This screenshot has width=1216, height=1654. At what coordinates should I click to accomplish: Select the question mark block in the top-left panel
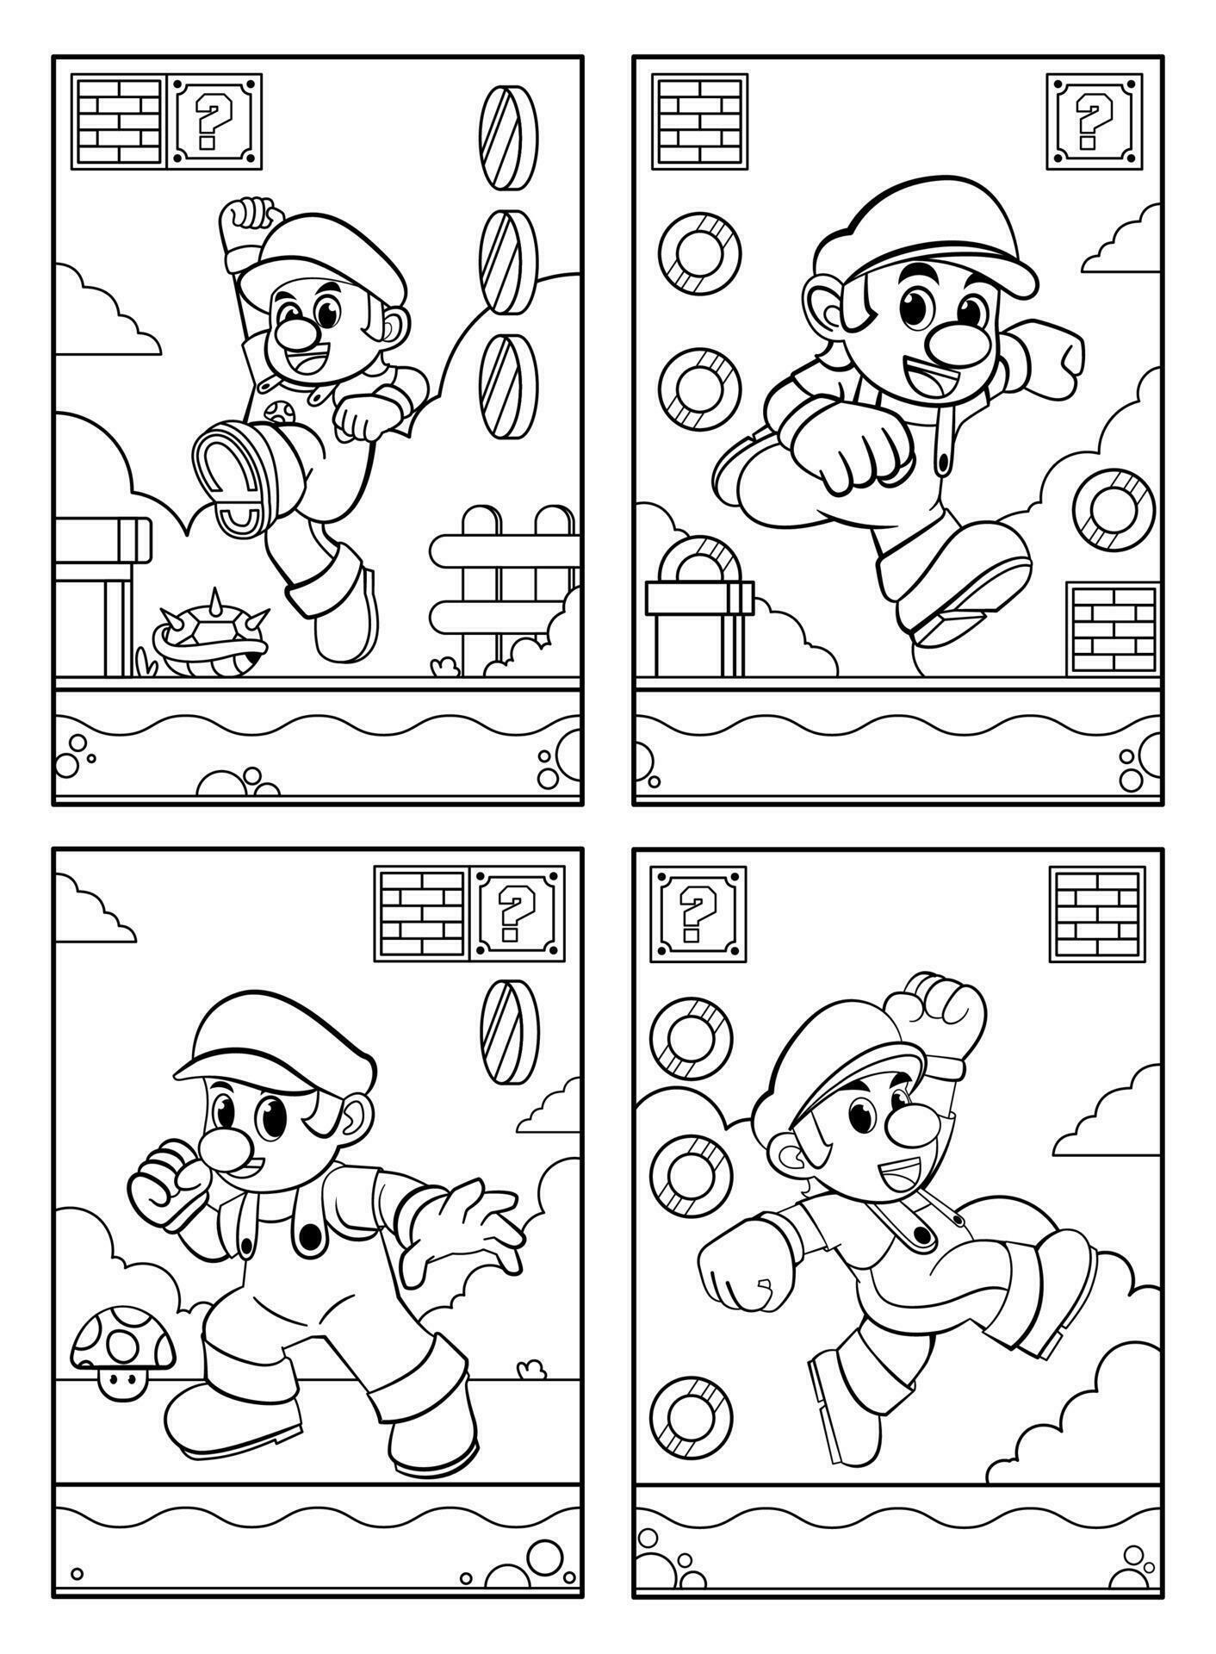point(214,121)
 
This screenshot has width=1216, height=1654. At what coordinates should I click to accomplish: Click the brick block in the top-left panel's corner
point(117,121)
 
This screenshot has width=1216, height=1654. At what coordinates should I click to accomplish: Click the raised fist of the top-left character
point(248,221)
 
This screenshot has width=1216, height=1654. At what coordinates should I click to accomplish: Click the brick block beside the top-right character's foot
point(1112,629)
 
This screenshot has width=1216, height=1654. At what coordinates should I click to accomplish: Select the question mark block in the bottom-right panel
point(698,914)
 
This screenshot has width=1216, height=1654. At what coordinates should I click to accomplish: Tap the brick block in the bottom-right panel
point(1097,914)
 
